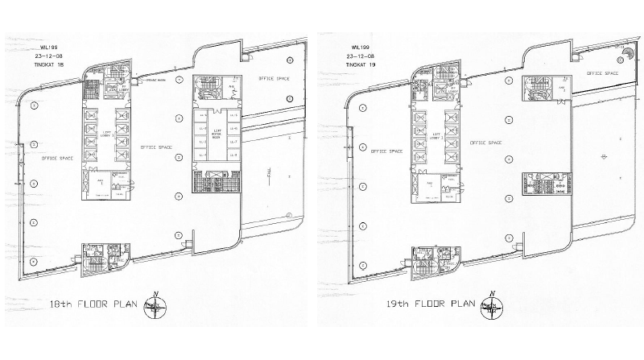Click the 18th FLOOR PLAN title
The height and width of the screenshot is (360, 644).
[x=93, y=305]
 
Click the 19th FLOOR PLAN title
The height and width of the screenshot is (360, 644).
[x=432, y=305]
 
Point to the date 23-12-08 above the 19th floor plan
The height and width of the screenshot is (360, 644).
[x=359, y=46]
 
